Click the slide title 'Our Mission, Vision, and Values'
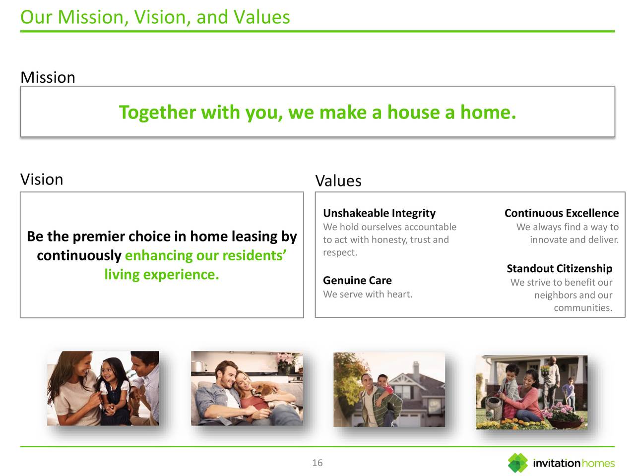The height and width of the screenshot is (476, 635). (155, 17)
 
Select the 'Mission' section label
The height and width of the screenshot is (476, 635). (48, 77)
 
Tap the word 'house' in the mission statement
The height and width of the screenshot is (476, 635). (413, 112)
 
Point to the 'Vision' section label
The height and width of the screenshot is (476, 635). (42, 179)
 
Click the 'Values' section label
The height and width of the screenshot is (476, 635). (338, 181)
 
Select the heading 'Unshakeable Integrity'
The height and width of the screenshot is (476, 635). (379, 213)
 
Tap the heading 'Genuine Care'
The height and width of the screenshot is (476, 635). (357, 280)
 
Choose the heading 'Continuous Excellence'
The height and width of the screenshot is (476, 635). (562, 213)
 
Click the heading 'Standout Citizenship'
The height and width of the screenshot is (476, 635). (559, 268)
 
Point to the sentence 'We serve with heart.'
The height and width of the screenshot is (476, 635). (368, 294)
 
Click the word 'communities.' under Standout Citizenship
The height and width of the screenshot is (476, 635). (583, 308)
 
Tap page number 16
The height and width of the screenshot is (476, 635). (317, 463)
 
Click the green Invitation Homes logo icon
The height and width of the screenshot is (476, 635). (518, 463)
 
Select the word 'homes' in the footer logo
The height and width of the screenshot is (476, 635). (598, 463)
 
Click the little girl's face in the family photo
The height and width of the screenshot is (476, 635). (109, 372)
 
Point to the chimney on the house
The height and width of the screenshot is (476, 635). (415, 367)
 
